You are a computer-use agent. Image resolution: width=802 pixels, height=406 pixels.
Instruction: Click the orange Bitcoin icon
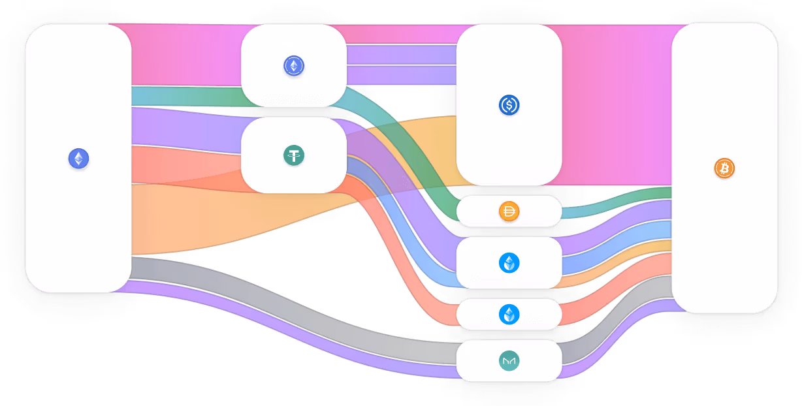tap(724, 168)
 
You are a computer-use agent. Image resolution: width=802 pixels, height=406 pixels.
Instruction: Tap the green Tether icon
tap(294, 155)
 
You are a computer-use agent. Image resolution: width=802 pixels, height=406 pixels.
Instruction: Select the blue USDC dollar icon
tap(509, 104)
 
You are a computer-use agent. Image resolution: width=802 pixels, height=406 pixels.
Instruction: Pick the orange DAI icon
tap(509, 211)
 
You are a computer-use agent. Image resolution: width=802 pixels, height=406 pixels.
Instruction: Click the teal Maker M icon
tap(509, 360)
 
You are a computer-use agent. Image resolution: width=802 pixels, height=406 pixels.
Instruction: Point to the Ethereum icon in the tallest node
tap(78, 159)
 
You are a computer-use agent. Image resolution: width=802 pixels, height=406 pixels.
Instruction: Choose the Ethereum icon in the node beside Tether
tap(294, 65)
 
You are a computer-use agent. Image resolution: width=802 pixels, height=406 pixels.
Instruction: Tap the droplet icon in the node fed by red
tap(509, 314)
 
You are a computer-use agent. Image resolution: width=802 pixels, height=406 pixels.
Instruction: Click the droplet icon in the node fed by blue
tap(509, 262)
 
